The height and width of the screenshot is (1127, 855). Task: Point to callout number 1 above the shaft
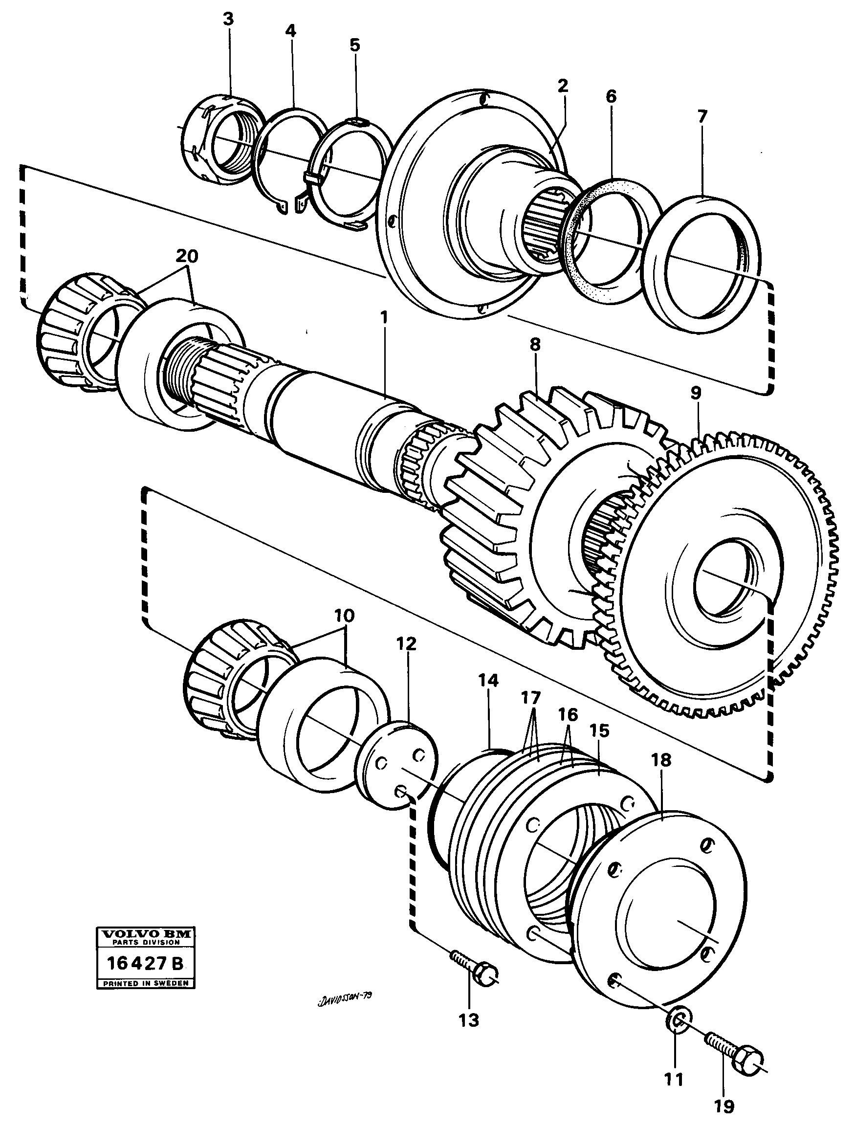coord(383,319)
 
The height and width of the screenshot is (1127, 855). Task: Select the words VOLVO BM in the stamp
coord(145,934)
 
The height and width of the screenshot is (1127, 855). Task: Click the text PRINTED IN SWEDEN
coord(145,983)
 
